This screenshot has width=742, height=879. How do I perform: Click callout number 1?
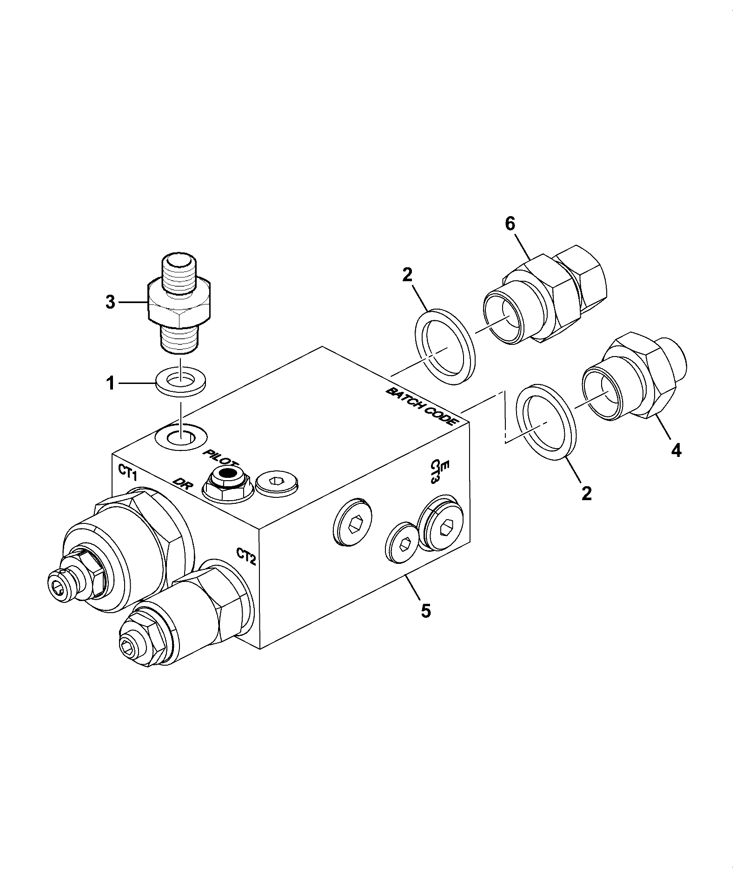(x=110, y=384)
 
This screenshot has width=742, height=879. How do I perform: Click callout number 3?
(x=110, y=302)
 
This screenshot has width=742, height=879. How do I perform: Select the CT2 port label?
(x=246, y=556)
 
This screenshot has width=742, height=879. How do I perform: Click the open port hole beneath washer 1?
(x=181, y=436)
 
